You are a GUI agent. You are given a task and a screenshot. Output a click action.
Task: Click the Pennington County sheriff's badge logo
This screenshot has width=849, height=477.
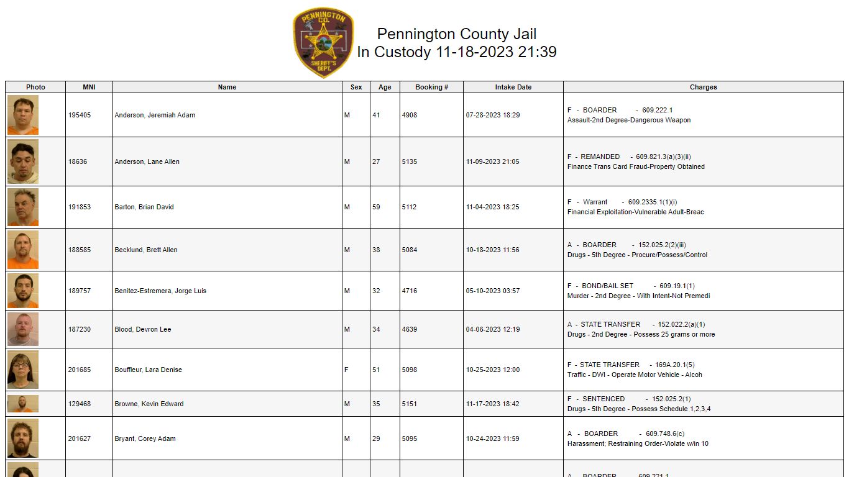pyautogui.click(x=323, y=43)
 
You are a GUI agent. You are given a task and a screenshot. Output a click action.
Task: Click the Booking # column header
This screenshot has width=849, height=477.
pyautogui.click(x=431, y=87)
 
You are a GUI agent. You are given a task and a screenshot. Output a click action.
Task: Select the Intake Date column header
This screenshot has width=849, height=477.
pyautogui.click(x=513, y=87)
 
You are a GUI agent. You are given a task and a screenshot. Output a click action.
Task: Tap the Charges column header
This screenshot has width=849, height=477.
pyautogui.click(x=703, y=87)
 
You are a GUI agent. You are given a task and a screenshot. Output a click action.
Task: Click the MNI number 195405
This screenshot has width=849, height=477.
pyautogui.click(x=80, y=115)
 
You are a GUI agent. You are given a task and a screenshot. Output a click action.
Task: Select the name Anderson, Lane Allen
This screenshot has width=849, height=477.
pyautogui.click(x=147, y=161)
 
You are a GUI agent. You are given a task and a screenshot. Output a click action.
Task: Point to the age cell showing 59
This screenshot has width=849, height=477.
pyautogui.click(x=376, y=207)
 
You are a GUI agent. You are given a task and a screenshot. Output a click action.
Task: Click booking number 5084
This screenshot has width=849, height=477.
pyautogui.click(x=410, y=250)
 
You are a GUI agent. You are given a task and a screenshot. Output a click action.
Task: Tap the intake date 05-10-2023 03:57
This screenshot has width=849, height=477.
pyautogui.click(x=493, y=291)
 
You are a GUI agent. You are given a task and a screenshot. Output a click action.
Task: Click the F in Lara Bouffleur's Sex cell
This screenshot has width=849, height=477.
pyautogui.click(x=346, y=370)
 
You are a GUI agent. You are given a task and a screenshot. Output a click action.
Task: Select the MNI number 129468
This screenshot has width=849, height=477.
pyautogui.click(x=80, y=404)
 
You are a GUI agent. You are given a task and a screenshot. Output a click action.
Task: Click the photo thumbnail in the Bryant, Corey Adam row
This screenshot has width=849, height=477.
pyautogui.click(x=23, y=438)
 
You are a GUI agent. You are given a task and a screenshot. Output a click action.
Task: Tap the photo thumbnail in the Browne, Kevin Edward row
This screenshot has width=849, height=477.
pyautogui.click(x=23, y=404)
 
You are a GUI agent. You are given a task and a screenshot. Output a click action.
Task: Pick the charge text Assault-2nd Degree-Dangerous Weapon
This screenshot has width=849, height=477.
pyautogui.click(x=629, y=120)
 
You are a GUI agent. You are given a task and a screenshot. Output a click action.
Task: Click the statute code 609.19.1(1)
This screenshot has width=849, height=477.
pyautogui.click(x=677, y=286)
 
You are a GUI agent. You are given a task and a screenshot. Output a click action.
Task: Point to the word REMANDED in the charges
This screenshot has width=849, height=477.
pyautogui.click(x=600, y=157)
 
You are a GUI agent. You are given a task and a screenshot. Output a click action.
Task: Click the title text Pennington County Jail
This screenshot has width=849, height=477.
pyautogui.click(x=457, y=34)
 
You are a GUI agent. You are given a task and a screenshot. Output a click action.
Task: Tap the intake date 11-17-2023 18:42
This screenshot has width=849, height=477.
pyautogui.click(x=493, y=404)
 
